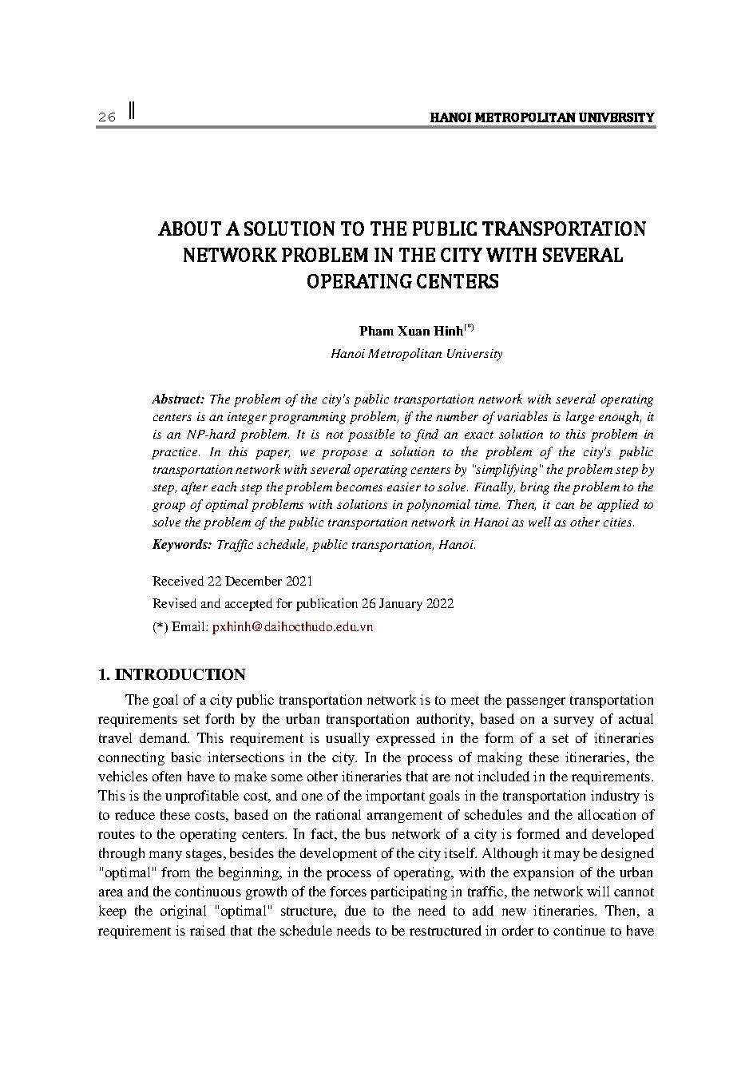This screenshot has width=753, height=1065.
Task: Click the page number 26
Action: point(107,117)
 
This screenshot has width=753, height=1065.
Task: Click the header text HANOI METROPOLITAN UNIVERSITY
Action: point(541,117)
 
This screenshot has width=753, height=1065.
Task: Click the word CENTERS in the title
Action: point(455,282)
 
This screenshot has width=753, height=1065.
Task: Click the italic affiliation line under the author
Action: point(416,353)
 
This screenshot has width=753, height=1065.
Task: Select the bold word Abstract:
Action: point(178,399)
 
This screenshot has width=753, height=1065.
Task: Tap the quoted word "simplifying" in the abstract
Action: point(499,469)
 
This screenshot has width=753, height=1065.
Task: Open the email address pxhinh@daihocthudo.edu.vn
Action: point(292,627)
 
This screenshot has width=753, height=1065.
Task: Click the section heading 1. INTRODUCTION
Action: point(171,675)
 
